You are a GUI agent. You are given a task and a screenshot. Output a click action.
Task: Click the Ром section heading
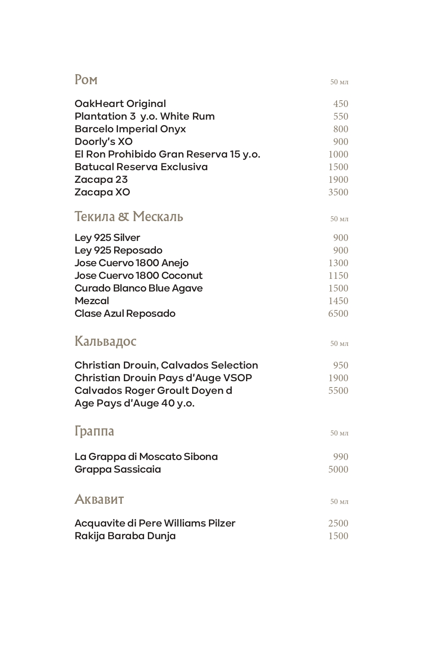(86, 79)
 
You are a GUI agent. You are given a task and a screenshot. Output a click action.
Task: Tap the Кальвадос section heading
(105, 341)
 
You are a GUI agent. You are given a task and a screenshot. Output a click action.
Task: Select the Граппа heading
(94, 431)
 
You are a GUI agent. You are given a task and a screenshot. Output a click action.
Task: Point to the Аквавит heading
(99, 499)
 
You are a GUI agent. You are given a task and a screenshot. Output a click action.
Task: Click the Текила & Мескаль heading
(129, 217)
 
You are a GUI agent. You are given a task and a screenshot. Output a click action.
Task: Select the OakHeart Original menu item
(120, 104)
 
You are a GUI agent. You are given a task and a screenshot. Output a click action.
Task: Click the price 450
(340, 104)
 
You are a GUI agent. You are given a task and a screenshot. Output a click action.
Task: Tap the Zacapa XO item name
(102, 192)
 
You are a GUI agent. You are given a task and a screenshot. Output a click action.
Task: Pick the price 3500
(338, 192)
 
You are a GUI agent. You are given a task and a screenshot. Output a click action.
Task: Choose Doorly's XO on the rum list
(103, 142)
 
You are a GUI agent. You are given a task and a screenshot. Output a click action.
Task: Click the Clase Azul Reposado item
(125, 313)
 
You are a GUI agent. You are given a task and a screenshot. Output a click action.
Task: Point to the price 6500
(338, 313)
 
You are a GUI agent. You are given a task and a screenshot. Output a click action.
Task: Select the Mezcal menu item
(91, 301)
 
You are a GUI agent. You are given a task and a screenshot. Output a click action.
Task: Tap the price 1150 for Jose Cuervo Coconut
(338, 275)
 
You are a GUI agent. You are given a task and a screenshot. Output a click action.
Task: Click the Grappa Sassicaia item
(118, 469)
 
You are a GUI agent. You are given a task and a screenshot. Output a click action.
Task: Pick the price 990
(340, 457)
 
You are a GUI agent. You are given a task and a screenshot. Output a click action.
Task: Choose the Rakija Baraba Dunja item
(125, 536)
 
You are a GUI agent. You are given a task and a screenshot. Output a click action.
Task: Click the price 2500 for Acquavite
(338, 523)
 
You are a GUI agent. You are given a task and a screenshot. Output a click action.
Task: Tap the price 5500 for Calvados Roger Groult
(338, 390)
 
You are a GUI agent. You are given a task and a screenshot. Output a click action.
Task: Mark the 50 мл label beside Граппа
(339, 433)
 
